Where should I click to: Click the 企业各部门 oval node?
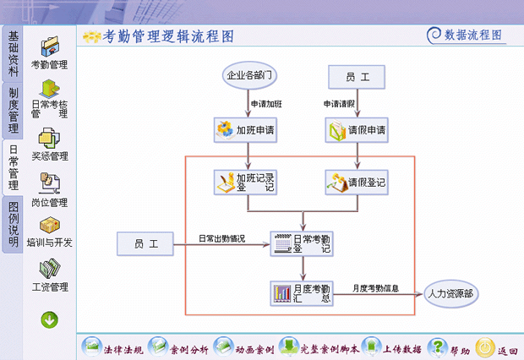pos(248,76)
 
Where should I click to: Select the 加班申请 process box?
pos(248,130)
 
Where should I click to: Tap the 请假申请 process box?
pos(357,130)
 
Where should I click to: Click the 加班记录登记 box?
pos(248,183)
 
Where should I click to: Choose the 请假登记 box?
pos(357,182)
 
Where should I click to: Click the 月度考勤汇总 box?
pos(301,292)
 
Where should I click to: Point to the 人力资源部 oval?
pos(450,293)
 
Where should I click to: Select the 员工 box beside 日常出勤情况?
pos(145,244)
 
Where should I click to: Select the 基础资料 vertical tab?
pos(13,52)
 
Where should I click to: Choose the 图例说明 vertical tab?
pos(13,224)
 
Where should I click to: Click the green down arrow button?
pos(49,319)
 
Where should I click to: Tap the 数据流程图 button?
pos(465,35)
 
